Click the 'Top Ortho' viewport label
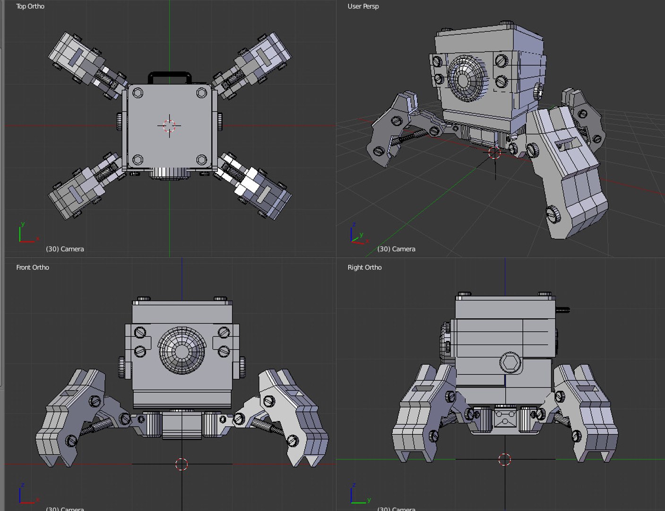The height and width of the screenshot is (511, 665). (x=30, y=6)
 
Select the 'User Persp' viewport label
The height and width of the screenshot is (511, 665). (x=363, y=6)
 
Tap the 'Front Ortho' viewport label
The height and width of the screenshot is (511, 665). (x=33, y=267)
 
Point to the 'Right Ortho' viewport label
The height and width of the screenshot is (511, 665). (x=364, y=267)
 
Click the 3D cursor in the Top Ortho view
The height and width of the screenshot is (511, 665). (x=169, y=126)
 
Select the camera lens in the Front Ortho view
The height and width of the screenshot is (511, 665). (x=182, y=351)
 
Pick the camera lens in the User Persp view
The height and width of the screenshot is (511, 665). (x=466, y=79)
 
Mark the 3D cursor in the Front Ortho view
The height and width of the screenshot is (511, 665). (x=182, y=464)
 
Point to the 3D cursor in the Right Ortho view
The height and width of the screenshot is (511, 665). (x=505, y=459)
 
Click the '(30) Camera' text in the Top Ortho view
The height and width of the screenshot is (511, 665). (x=65, y=249)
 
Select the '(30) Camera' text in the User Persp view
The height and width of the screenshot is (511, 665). (x=396, y=249)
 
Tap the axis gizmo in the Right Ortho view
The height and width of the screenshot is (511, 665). (x=359, y=495)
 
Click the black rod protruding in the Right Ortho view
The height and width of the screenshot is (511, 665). (x=563, y=310)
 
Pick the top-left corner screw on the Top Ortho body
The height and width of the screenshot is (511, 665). (x=138, y=93)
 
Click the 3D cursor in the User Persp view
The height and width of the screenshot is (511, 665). (x=494, y=153)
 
